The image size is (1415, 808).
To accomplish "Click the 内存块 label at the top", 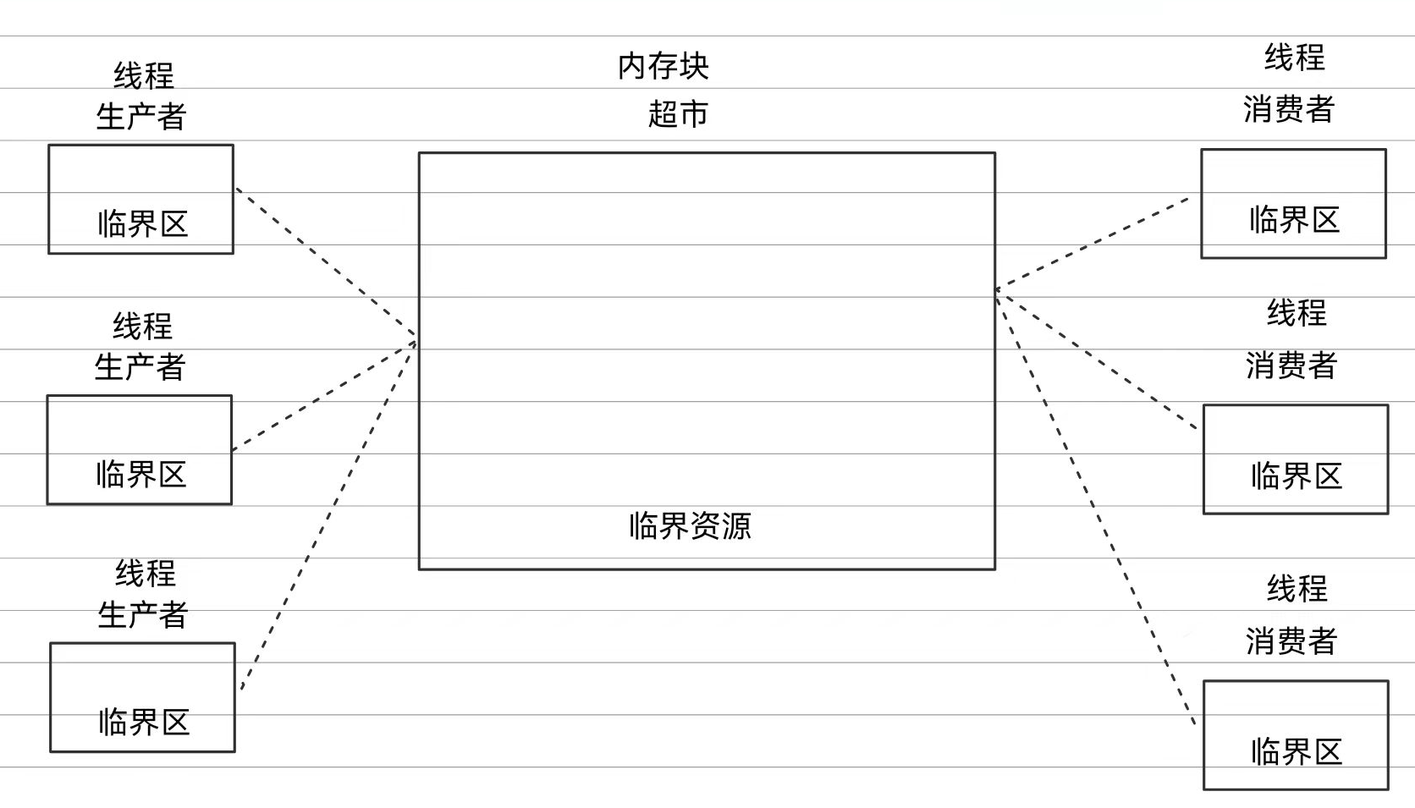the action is click(x=663, y=66).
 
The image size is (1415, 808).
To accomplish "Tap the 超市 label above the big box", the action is click(x=677, y=113).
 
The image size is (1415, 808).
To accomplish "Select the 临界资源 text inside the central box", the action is click(x=690, y=526).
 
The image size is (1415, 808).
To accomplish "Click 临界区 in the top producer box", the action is click(x=142, y=224).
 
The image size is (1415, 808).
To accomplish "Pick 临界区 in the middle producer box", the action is click(x=140, y=475).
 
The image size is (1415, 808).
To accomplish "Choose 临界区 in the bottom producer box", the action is click(x=143, y=723).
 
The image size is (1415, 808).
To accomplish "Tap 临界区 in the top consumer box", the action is click(x=1294, y=220).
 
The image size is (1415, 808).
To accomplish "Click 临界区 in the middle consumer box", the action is click(x=1297, y=476).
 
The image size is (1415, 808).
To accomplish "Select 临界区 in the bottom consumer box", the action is click(x=1297, y=752).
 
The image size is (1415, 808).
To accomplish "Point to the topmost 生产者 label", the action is click(x=140, y=116).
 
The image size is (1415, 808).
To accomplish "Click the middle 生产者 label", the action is click(x=140, y=367).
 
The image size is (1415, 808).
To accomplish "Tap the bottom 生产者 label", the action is click(x=142, y=615).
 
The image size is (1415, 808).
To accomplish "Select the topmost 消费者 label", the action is click(x=1288, y=109).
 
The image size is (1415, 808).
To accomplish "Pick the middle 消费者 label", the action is click(x=1291, y=366).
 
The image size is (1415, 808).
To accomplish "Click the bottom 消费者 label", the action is click(x=1291, y=641).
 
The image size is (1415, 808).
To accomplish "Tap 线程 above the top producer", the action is click(x=143, y=76).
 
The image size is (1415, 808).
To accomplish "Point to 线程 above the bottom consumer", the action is click(x=1297, y=588).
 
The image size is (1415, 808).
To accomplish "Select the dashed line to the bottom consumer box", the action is click(x=1095, y=508).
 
